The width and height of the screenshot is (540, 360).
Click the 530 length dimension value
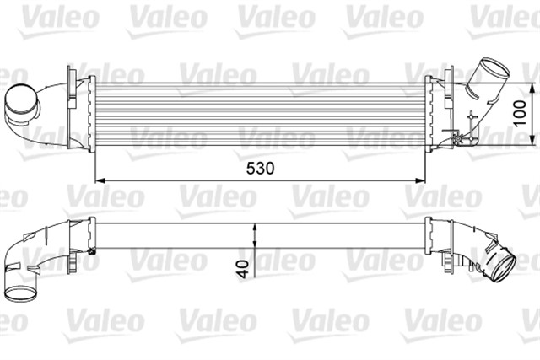[262, 168]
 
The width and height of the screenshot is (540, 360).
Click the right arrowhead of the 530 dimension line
[426, 180]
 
